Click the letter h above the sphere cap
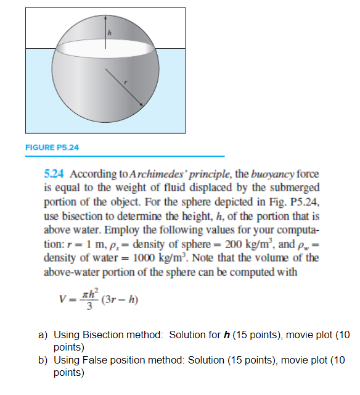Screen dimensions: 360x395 109,33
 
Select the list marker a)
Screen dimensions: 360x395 43,335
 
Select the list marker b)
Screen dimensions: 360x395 43,360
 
